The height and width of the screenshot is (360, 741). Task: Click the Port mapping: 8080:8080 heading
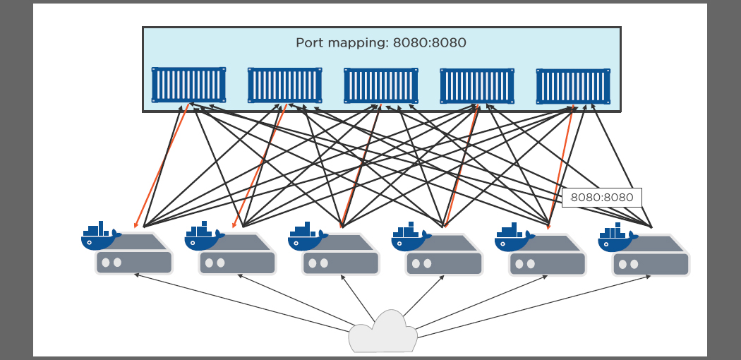pos(381,42)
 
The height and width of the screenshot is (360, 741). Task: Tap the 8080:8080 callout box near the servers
pos(601,198)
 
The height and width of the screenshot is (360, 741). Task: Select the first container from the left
pos(188,85)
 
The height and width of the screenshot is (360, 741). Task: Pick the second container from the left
pos(284,85)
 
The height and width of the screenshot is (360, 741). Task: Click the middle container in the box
pos(381,85)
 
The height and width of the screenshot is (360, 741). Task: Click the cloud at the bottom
pos(382,332)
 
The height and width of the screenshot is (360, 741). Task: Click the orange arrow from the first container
pos(162,166)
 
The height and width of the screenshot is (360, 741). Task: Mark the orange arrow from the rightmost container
pos(561,167)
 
